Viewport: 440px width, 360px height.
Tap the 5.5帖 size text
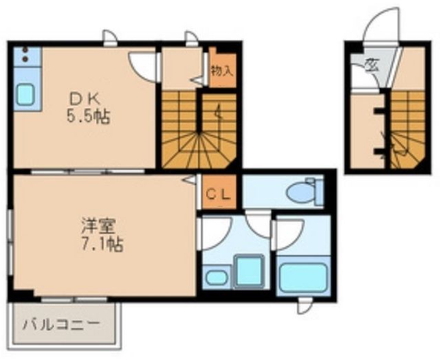(x=88, y=116)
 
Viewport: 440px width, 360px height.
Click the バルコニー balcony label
(x=60, y=324)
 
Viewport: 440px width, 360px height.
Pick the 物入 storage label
(x=221, y=69)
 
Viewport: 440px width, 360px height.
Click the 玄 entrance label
(x=372, y=66)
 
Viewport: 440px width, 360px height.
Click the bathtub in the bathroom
(x=302, y=277)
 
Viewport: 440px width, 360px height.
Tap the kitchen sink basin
(x=25, y=94)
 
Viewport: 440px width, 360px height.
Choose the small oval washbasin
(x=215, y=278)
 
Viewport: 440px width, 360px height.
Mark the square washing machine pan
(x=248, y=272)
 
